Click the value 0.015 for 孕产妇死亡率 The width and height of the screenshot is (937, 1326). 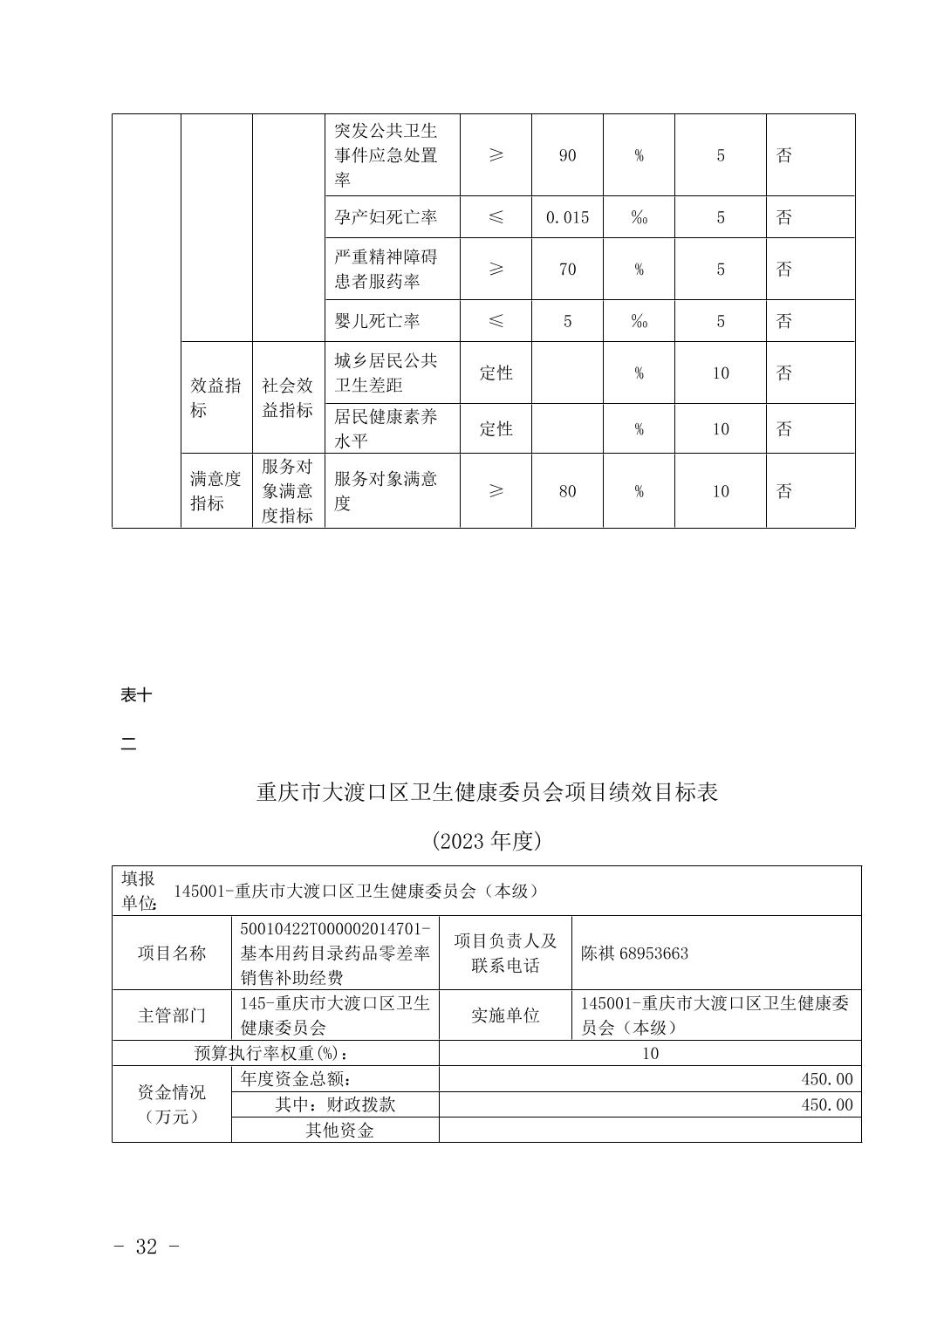tap(567, 217)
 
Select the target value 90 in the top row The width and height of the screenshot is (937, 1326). tap(567, 155)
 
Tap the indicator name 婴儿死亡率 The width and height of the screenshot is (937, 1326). tap(377, 321)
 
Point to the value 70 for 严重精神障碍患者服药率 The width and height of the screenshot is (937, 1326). tap(567, 270)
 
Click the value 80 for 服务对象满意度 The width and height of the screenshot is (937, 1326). tap(567, 491)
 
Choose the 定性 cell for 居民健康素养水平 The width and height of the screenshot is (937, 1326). tap(496, 428)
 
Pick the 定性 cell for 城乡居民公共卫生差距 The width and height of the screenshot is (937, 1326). tap(496, 373)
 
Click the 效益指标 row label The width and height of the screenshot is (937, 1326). tap(215, 398)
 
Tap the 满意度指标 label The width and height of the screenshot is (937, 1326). tap(215, 491)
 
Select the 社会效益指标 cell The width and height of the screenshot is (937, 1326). tap(287, 398)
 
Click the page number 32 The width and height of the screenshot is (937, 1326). tap(147, 1247)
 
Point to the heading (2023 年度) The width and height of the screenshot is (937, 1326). tap(487, 841)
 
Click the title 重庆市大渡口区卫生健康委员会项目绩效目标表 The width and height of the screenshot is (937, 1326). tap(487, 792)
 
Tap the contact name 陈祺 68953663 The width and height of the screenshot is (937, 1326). tap(634, 953)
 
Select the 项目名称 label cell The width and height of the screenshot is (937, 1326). tap(172, 953)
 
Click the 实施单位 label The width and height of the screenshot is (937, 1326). tap(505, 1015)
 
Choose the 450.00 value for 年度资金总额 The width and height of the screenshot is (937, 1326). tap(827, 1079)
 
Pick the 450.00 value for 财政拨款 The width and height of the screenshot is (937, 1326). tap(827, 1104)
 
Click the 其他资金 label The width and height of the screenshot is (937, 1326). tap(339, 1131)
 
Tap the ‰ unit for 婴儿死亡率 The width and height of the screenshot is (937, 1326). tap(639, 321)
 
